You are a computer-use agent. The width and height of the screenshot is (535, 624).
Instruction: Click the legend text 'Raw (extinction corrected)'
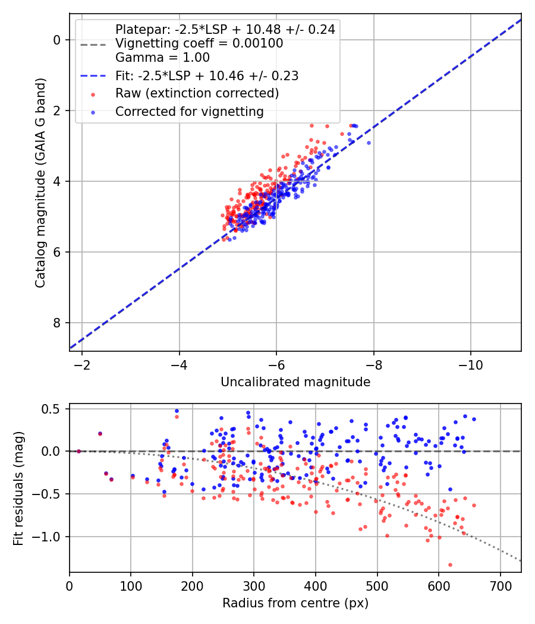pos(197,93)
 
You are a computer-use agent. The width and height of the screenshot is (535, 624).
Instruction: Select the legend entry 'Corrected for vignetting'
pos(189,111)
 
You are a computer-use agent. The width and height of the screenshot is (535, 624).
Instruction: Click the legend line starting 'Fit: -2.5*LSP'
pos(207,76)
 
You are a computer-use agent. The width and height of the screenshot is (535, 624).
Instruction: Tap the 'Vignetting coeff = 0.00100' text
pos(199,43)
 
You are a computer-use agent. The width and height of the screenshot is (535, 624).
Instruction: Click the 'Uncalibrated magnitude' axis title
pos(295,382)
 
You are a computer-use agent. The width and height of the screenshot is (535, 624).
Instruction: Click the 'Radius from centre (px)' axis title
pos(295,603)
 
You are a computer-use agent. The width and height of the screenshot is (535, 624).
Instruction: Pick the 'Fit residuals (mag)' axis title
pos(18,489)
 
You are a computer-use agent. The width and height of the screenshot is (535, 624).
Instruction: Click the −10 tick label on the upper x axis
pos(470,363)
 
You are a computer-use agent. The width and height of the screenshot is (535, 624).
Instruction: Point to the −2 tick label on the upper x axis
pos(82,363)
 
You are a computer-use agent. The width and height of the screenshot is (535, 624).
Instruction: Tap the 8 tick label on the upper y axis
pos(56,323)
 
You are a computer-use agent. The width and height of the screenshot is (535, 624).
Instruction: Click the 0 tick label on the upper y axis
pos(56,40)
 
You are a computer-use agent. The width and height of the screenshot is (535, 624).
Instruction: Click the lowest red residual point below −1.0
pos(450,565)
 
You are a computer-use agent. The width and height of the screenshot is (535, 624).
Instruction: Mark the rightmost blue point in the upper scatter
pos(369,143)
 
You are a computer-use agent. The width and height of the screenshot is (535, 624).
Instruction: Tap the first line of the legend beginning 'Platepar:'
pos(225,29)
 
